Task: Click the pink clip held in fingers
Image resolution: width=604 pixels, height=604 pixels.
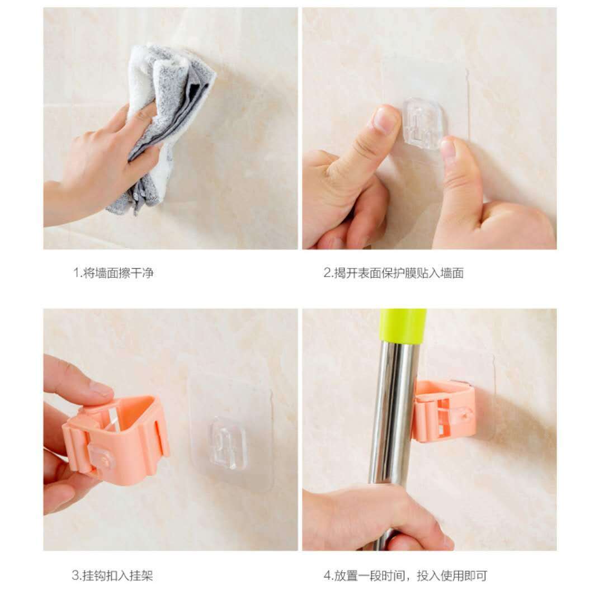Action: pos(116,438)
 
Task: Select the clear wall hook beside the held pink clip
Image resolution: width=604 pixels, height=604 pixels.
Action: pos(226,443)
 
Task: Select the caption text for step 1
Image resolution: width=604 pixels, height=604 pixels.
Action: pos(113,273)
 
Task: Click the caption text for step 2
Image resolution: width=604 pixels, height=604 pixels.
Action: pos(393,273)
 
